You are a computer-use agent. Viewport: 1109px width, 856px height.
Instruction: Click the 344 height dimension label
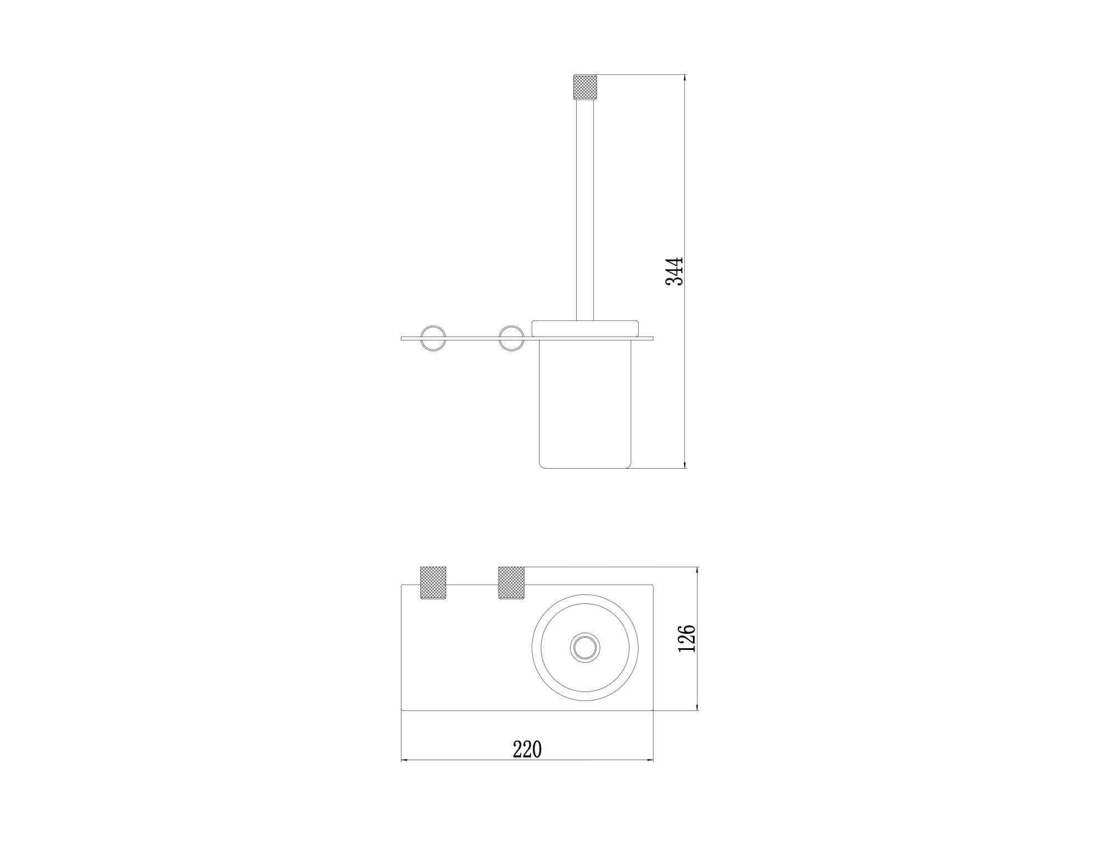pos(675,271)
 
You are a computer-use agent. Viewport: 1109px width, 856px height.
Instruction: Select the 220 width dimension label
pos(527,749)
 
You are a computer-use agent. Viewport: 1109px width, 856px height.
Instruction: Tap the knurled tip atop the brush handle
pos(585,86)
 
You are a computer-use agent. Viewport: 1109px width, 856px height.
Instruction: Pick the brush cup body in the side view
pos(585,404)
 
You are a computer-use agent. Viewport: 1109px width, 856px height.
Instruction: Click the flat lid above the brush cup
pos(586,329)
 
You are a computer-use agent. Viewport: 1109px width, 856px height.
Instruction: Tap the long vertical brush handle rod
pos(585,209)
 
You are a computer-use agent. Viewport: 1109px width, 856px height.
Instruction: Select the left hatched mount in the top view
pos(433,583)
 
